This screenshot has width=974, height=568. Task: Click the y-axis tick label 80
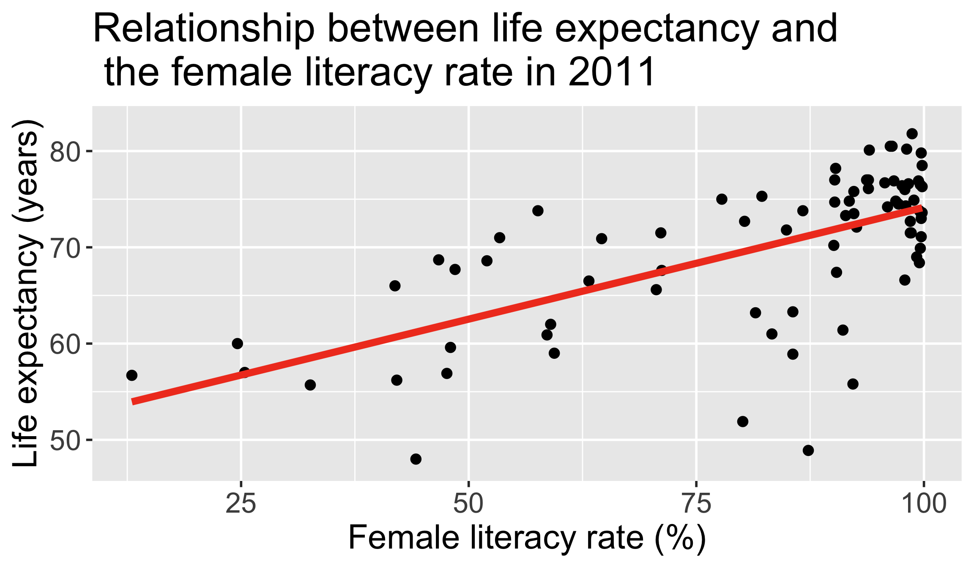coord(64,151)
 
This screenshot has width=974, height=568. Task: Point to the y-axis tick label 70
coord(64,248)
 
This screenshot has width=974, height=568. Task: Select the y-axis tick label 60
coord(64,344)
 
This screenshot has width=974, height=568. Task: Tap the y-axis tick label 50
coord(64,440)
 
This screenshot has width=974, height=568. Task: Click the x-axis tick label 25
coord(241,504)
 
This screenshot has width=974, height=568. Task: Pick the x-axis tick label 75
coord(696,504)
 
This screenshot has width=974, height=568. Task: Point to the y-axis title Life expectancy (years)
coord(26,293)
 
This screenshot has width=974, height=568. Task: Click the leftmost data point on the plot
coord(132,375)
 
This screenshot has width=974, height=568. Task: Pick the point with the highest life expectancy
coord(912,134)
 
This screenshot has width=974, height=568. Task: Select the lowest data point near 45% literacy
coord(416,459)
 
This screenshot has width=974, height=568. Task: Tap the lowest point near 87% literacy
coord(808,451)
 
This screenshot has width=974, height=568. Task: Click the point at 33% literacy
coord(310,385)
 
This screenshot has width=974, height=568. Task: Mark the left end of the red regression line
coord(133,402)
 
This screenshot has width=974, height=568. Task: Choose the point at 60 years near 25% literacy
coord(238,344)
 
